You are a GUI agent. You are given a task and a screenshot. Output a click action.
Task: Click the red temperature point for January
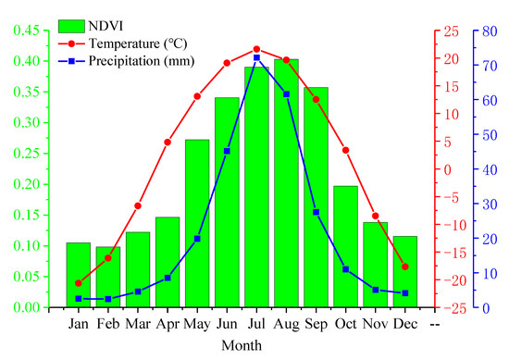[x=79, y=283]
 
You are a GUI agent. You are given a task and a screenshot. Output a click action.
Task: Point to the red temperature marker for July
[x=256, y=49]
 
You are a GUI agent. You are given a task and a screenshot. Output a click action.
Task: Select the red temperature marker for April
[x=168, y=142]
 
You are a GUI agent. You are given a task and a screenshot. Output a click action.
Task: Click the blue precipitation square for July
[x=256, y=57]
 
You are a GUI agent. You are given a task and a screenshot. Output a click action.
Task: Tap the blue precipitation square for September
[x=316, y=212]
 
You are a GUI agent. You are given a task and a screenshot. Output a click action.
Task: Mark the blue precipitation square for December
[x=404, y=293]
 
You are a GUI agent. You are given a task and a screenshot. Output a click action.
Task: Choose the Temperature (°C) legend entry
[x=120, y=43]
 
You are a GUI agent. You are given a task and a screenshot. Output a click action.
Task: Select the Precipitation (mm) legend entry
[x=120, y=61]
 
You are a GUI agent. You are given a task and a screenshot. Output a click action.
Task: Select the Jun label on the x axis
[x=227, y=324]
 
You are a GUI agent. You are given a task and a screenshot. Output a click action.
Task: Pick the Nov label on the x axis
[x=375, y=324]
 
